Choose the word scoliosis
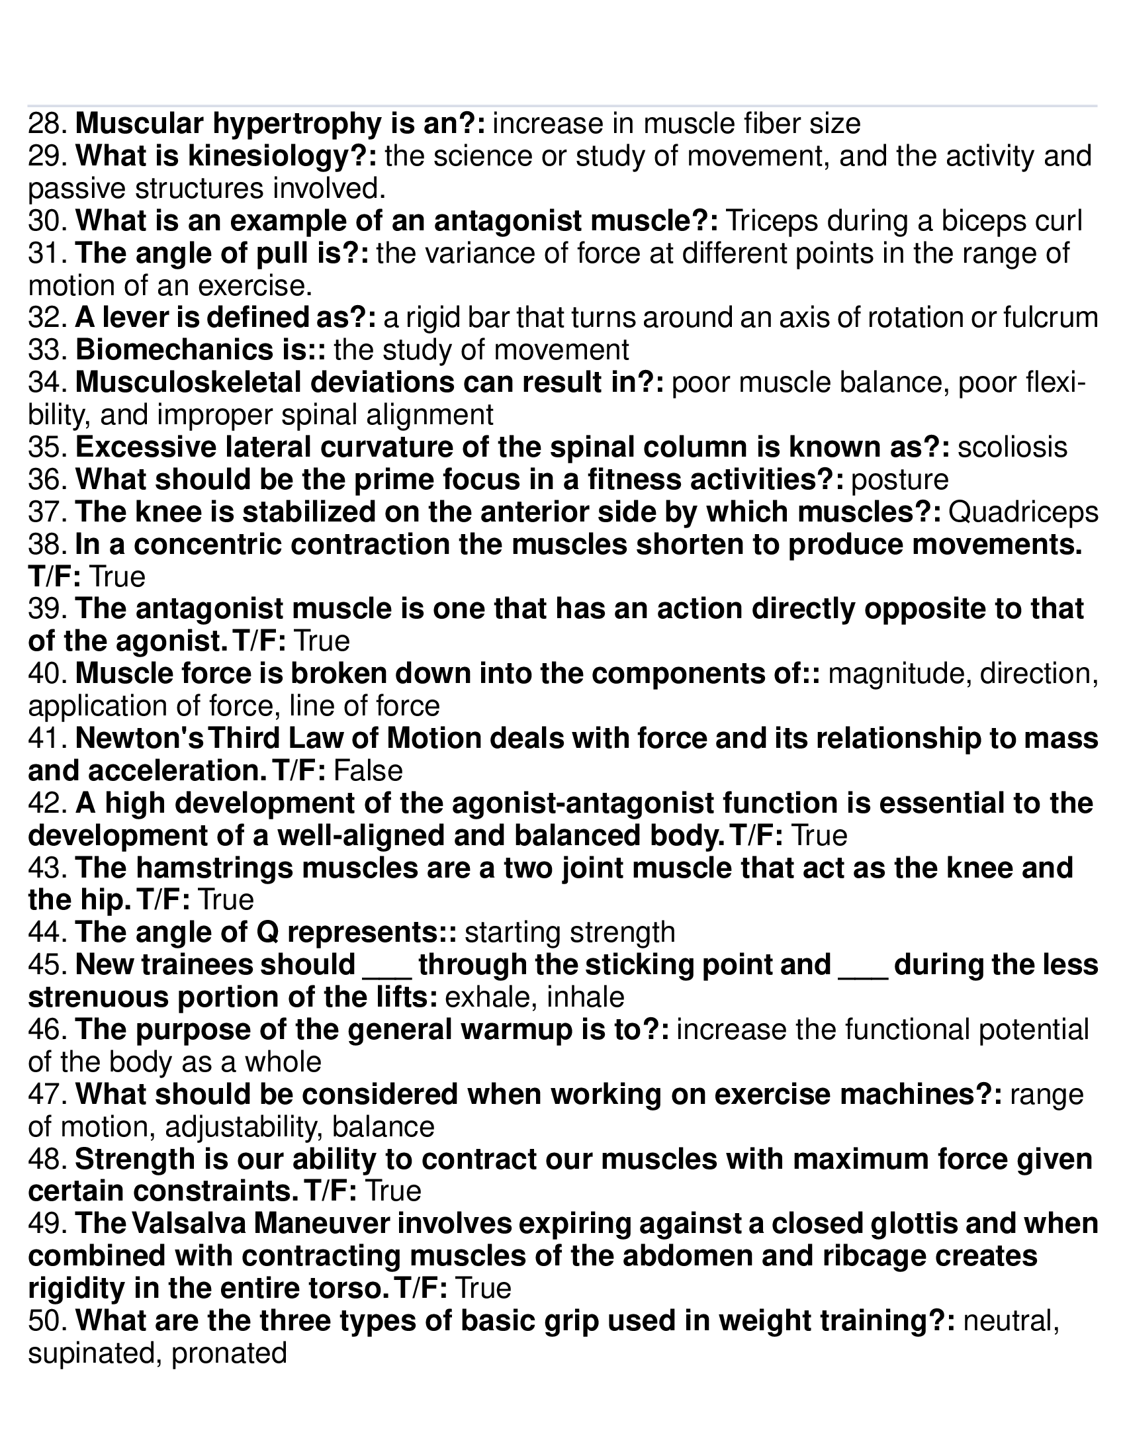pyautogui.click(x=1012, y=447)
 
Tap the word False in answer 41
pyautogui.click(x=367, y=771)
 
